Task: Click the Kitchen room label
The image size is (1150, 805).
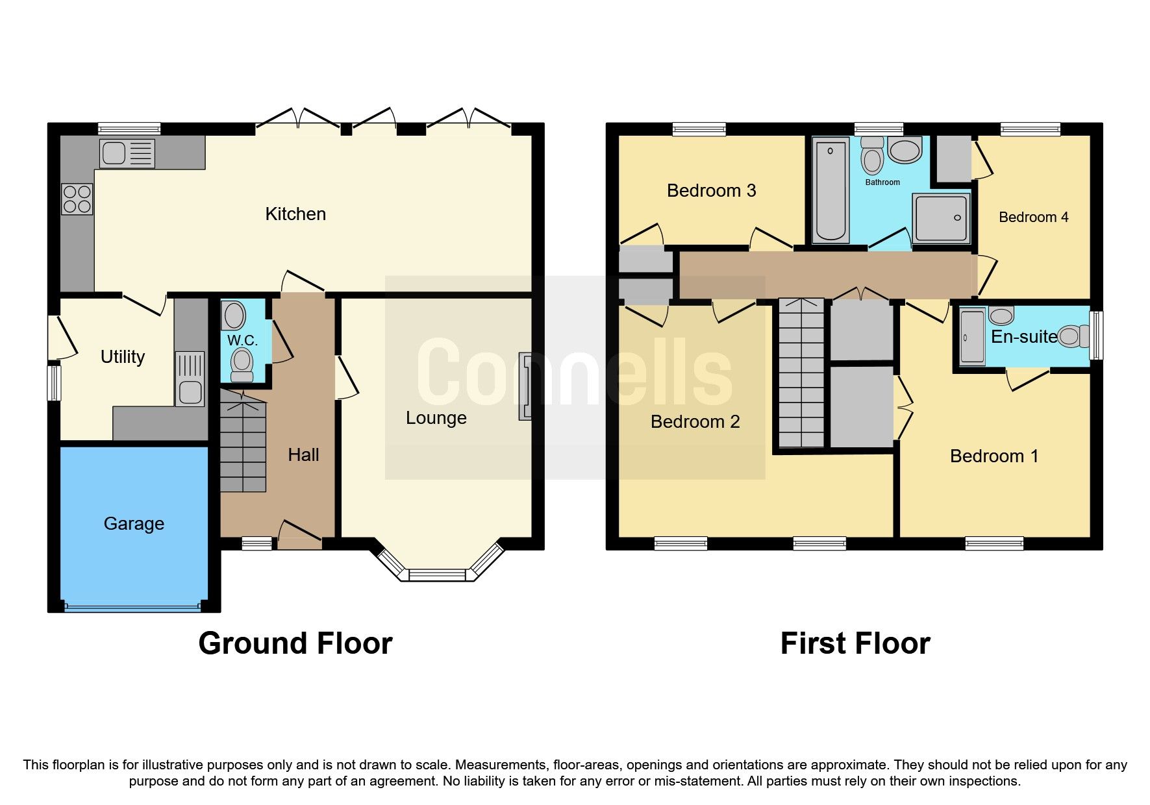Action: point(295,214)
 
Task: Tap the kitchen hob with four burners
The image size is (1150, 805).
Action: point(77,199)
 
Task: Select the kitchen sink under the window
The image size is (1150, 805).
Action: point(127,153)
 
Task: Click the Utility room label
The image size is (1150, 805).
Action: point(122,356)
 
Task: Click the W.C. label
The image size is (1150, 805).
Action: point(242,340)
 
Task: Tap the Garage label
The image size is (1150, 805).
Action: point(134,523)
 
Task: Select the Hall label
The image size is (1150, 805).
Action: point(303,454)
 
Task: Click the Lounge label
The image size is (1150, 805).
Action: point(436,417)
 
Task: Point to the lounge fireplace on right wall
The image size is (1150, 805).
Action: point(525,386)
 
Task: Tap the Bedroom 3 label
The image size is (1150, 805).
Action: point(711,190)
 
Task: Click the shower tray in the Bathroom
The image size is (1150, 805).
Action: point(940,218)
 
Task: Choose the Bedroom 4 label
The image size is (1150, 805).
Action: point(1033,217)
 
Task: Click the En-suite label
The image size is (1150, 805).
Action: point(1023,336)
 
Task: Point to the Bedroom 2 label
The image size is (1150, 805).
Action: point(695,421)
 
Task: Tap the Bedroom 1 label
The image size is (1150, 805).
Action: point(994,456)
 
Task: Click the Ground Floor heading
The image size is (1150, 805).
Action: point(295,643)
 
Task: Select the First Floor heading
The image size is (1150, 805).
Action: point(855,643)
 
